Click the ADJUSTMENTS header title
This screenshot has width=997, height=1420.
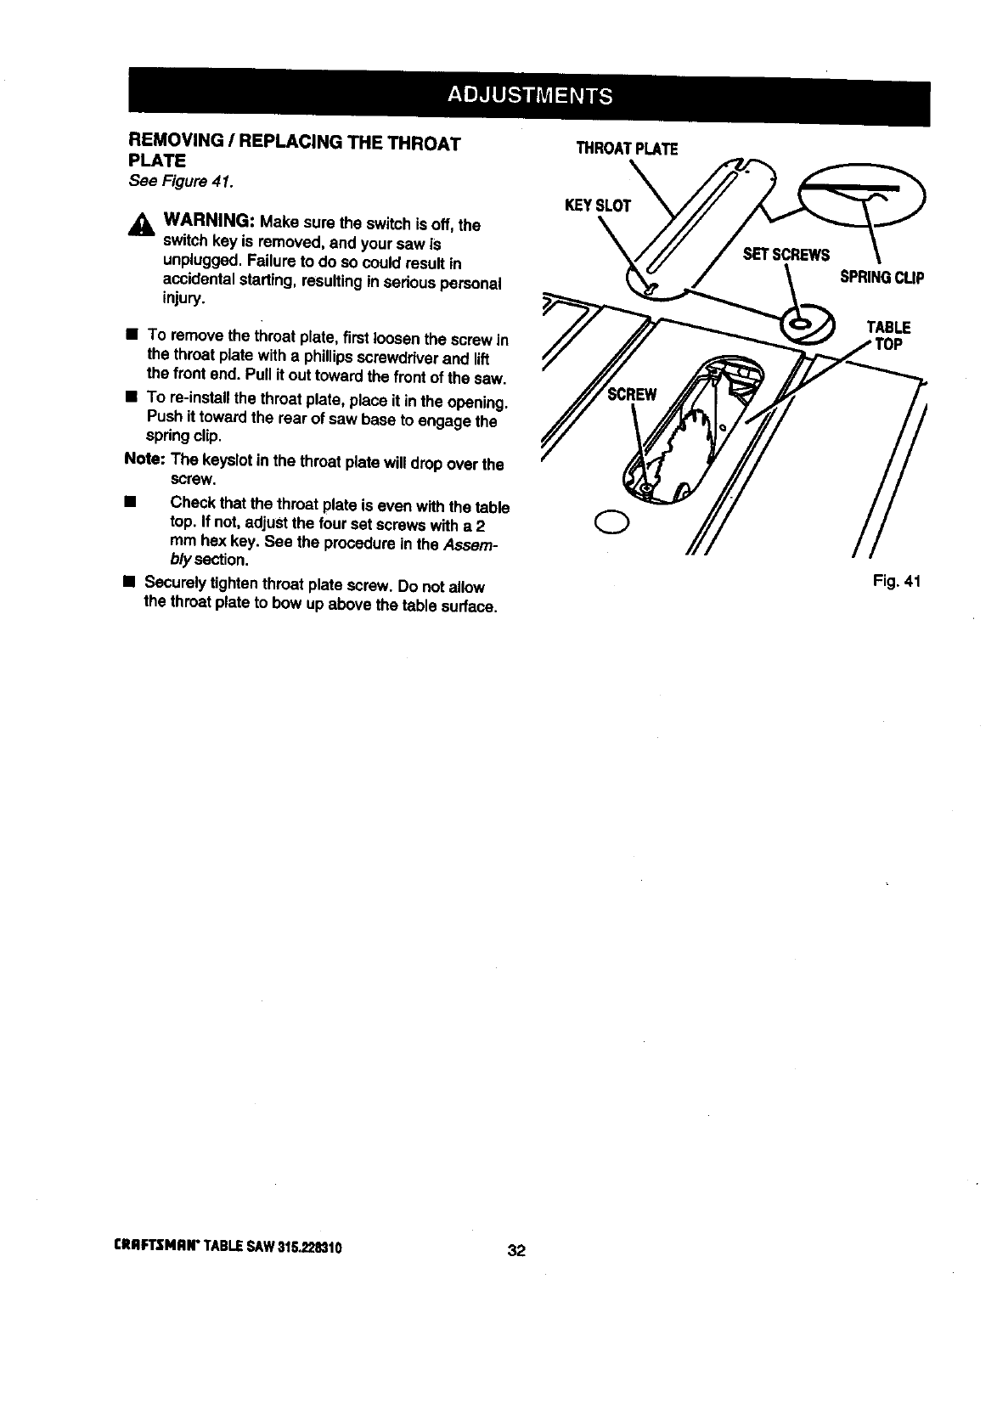point(530,95)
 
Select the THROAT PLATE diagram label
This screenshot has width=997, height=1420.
point(627,149)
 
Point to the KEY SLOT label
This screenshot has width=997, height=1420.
point(598,206)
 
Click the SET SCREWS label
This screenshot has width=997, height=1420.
point(786,255)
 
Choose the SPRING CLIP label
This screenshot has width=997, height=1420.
point(882,278)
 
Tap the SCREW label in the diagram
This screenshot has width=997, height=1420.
point(632,394)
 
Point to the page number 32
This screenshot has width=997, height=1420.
point(516,1250)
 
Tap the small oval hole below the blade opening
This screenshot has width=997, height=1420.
point(611,521)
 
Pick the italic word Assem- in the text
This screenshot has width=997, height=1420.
point(469,544)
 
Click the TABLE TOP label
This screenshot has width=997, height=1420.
point(888,335)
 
